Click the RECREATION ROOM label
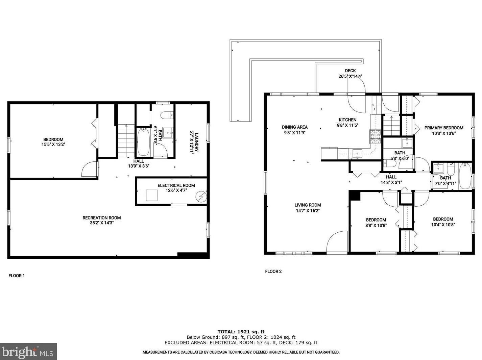click(x=102, y=218)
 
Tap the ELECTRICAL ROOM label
click(x=176, y=185)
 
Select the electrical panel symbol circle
click(x=201, y=196)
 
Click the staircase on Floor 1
click(x=126, y=140)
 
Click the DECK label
click(x=350, y=71)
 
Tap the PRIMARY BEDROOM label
click(x=443, y=128)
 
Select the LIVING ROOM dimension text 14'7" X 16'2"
click(x=308, y=210)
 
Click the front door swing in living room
click(x=337, y=241)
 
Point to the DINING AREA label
click(x=295, y=127)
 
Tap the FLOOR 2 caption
click(x=273, y=271)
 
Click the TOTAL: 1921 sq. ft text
click(x=241, y=332)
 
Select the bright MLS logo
click(x=28, y=352)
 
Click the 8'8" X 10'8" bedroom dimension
click(x=376, y=225)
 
